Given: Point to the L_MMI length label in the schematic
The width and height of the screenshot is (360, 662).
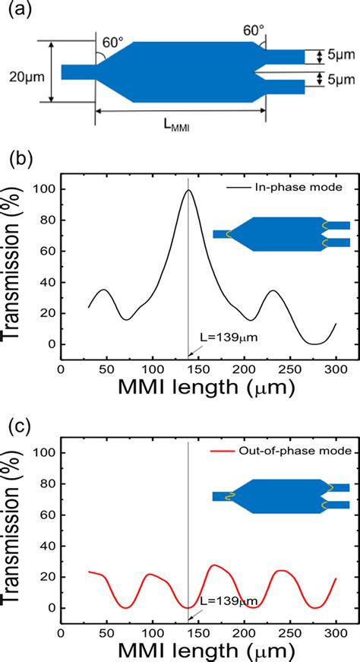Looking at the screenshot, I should pyautogui.click(x=176, y=128).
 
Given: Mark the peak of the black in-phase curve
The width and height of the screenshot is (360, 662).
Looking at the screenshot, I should pyautogui.click(x=188, y=190).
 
